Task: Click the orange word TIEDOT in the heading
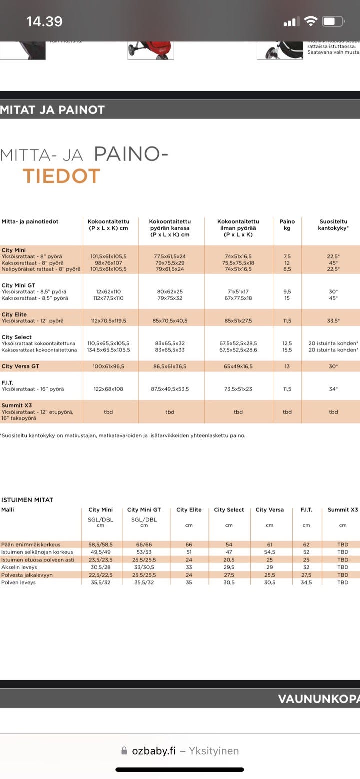click(x=61, y=176)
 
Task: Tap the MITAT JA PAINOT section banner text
click(x=52, y=110)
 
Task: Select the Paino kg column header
click(x=287, y=225)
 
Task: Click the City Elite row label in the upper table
click(x=14, y=314)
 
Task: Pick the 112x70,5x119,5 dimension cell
click(x=109, y=321)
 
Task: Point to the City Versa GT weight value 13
click(x=287, y=366)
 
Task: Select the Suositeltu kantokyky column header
click(x=333, y=225)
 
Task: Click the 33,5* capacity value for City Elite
click(x=333, y=321)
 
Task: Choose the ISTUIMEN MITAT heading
click(x=27, y=500)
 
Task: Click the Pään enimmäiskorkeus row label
click(x=31, y=544)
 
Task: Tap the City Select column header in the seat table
click(x=229, y=510)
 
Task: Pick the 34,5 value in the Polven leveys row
click(x=306, y=582)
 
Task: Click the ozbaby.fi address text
click(x=154, y=751)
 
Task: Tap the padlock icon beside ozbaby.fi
click(x=124, y=751)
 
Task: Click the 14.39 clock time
click(x=44, y=21)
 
